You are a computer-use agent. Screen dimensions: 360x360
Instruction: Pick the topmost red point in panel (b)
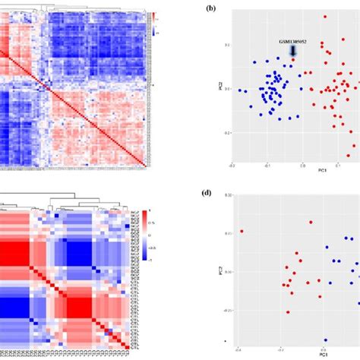click(x=324, y=16)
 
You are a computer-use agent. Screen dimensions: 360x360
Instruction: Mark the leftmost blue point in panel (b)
click(x=240, y=90)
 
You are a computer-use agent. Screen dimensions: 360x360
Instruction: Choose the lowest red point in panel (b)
click(x=352, y=150)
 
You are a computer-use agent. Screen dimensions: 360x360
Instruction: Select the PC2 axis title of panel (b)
click(x=218, y=96)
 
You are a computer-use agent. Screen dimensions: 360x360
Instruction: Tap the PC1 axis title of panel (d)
click(x=323, y=354)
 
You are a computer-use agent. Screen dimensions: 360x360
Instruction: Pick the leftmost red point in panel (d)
click(x=242, y=232)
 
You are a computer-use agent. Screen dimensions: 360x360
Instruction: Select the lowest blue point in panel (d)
click(x=325, y=339)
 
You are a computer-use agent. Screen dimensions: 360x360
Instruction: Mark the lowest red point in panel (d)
click(x=288, y=311)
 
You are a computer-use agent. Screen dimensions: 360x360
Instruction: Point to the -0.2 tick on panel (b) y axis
click(x=226, y=132)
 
